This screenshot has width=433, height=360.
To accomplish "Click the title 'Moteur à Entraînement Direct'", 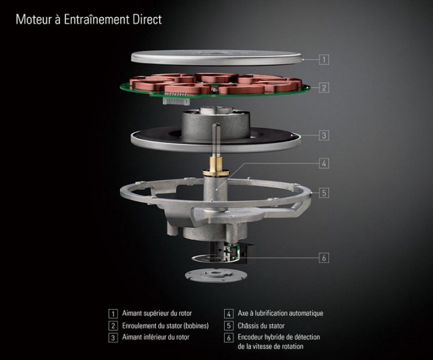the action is [x=89, y=20].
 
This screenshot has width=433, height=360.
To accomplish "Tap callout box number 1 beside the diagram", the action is [x=324, y=59].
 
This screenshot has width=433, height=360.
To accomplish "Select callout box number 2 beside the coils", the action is [x=324, y=88].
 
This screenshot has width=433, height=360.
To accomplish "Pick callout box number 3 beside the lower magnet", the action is [x=324, y=136].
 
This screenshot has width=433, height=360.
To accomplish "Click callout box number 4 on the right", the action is [x=324, y=164].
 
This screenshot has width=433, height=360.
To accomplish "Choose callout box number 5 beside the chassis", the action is [x=324, y=193].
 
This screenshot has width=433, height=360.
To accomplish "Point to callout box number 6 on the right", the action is [x=324, y=258].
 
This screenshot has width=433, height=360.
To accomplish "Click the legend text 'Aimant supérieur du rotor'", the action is [x=157, y=313].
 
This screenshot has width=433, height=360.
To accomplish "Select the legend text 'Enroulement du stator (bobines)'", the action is [x=165, y=326].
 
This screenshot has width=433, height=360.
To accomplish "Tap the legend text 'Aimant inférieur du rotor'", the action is [x=156, y=337].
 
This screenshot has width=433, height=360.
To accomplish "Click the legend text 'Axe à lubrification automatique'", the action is [x=280, y=313].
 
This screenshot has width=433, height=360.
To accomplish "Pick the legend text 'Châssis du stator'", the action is [x=261, y=326].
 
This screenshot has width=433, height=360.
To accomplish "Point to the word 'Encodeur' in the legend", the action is [x=250, y=337].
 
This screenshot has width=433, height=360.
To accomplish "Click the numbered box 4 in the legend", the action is [x=229, y=314].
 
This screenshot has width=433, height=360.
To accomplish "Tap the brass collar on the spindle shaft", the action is [x=216, y=167].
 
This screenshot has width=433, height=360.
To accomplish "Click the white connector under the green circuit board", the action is [x=176, y=101].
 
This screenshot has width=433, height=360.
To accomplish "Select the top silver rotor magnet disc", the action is [x=217, y=58].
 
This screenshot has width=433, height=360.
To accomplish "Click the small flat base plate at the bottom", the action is [x=216, y=275].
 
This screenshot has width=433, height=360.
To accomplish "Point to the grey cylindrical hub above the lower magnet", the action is [x=216, y=124].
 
